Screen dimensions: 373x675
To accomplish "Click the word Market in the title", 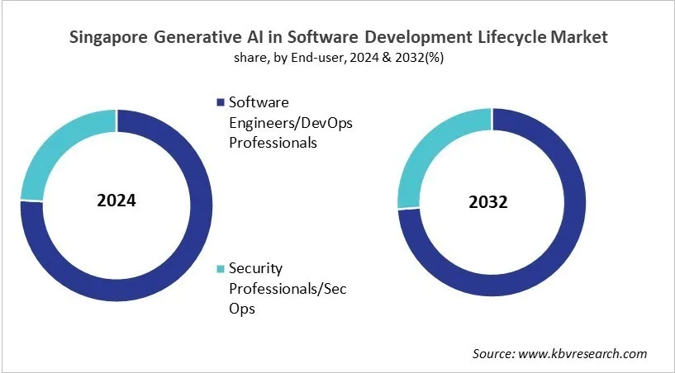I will tap(580, 37).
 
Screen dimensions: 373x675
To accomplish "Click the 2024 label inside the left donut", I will tap(116, 201).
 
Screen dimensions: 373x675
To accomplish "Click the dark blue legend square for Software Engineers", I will tap(220, 103).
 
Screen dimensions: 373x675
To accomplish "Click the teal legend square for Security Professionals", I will tap(220, 269).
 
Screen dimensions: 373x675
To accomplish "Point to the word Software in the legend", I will tap(259, 103).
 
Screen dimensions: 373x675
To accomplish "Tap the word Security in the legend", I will tap(256, 269).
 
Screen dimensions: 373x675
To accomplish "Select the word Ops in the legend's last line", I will tap(242, 309).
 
